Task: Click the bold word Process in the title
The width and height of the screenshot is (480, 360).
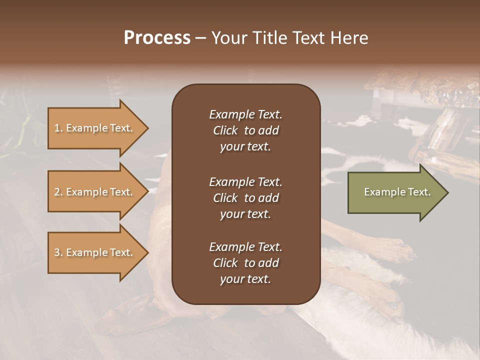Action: click(x=157, y=38)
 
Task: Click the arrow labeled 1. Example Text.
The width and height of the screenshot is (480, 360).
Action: click(x=95, y=128)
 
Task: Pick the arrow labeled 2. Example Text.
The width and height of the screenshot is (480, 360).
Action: click(x=95, y=192)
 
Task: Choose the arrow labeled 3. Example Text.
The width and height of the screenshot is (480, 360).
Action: click(x=95, y=252)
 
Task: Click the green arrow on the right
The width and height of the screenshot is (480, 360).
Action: click(x=395, y=192)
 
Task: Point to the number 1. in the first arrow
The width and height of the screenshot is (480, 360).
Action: click(x=58, y=128)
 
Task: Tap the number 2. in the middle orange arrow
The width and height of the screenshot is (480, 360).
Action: click(x=58, y=192)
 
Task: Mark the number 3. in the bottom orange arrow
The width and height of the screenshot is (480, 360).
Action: click(x=58, y=252)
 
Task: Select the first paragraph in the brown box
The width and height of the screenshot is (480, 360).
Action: click(x=245, y=130)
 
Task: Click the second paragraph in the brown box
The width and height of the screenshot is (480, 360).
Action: click(x=245, y=198)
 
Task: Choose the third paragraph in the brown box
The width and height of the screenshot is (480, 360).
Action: click(x=245, y=263)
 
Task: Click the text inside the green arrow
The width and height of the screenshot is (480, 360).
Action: click(x=397, y=192)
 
